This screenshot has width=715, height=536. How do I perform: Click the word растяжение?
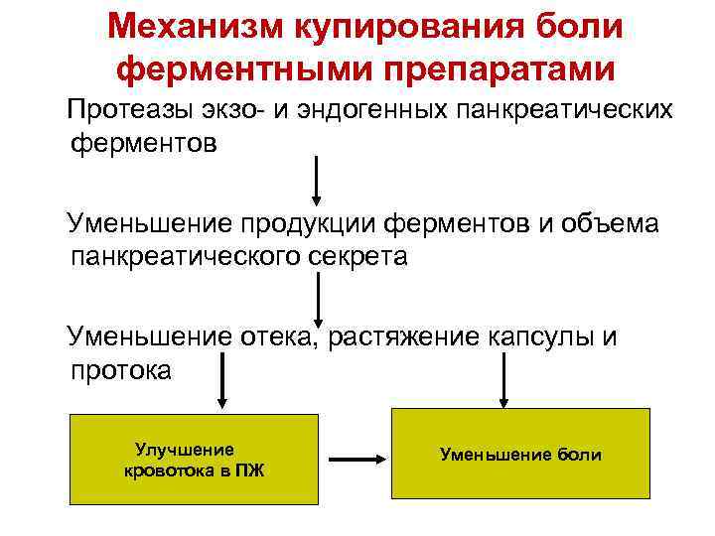[x=397, y=337]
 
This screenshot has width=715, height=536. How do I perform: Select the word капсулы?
[x=536, y=337]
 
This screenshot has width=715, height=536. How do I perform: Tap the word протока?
[x=121, y=370]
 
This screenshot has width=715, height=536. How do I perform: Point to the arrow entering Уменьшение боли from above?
[x=504, y=381]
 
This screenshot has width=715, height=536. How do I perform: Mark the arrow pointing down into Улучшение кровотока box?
[x=222, y=381]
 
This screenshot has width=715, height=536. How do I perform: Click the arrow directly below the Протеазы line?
[x=317, y=180]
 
